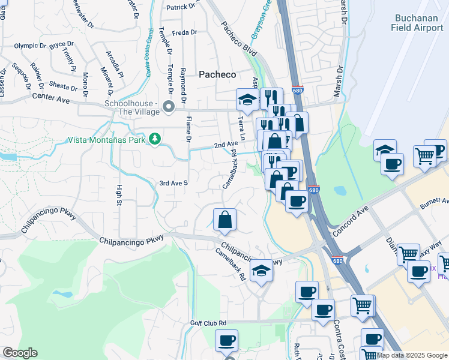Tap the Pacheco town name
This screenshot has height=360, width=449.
217,74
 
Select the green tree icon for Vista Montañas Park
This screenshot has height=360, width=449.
155,139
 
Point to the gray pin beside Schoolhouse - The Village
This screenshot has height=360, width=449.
169,107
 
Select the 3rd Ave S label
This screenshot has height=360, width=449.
173,182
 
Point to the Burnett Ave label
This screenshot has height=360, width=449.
434,203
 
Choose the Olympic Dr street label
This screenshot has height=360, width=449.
30,46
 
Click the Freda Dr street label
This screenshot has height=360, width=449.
184,33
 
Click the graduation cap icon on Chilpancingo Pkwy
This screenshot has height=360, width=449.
261,270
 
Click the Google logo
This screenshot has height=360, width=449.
20,353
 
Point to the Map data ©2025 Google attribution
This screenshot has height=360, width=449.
411,355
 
